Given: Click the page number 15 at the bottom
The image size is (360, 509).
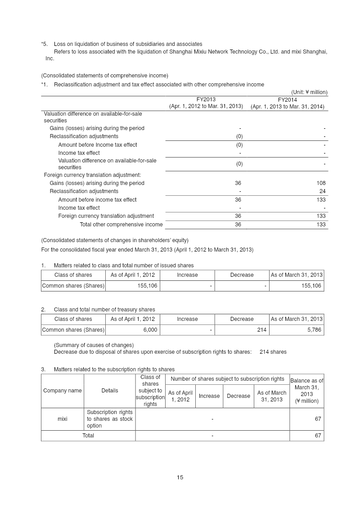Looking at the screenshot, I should point(180,477).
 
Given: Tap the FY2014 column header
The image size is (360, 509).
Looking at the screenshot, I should point(287,99).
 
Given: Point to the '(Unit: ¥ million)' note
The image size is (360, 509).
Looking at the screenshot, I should point(309,92).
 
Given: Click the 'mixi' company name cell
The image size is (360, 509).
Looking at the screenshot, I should point(63,419).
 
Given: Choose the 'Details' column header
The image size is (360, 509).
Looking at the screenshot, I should point(110,391).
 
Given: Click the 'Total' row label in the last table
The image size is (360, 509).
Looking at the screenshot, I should point(88,436).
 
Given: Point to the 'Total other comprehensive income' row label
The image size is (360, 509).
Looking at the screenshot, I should point(121,225).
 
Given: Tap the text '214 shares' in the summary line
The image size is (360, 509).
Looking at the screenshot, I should point(273,352).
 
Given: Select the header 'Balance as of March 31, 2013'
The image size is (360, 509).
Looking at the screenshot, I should point(306,391).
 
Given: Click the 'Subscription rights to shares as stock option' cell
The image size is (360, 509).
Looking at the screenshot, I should point(109,419).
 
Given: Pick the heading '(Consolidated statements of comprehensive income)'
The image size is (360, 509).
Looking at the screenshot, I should point(104,75).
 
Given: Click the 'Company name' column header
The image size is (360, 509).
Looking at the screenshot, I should point(63,391).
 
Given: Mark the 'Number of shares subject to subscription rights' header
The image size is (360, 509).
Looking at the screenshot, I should point(227,379).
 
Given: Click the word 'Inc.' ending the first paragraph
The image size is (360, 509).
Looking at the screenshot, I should point(50,59).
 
